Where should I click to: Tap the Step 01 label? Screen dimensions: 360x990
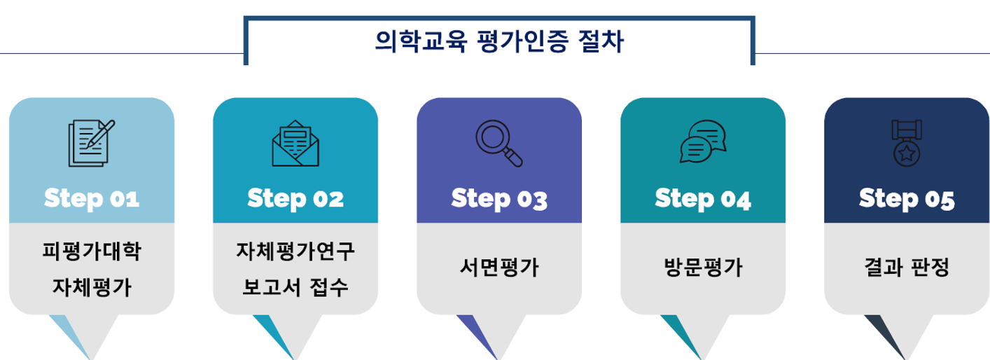pos(92,198)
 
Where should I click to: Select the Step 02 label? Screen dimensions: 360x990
pos(295,198)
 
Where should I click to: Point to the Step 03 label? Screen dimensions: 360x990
pos(499,198)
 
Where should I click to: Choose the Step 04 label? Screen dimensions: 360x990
pos(703,198)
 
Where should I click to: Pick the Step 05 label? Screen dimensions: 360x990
pos(907,198)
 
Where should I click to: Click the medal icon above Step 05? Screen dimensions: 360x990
pos(907,142)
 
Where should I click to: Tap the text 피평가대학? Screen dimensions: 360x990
pos(92,251)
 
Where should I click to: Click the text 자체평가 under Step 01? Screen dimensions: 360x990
pos(92,286)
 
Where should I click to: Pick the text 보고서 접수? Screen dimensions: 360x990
pos(295,286)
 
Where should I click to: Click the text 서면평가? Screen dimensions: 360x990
pos(499,268)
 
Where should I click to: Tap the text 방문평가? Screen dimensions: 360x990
pos(703,268)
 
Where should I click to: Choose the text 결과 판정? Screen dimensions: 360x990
pos(907,268)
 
